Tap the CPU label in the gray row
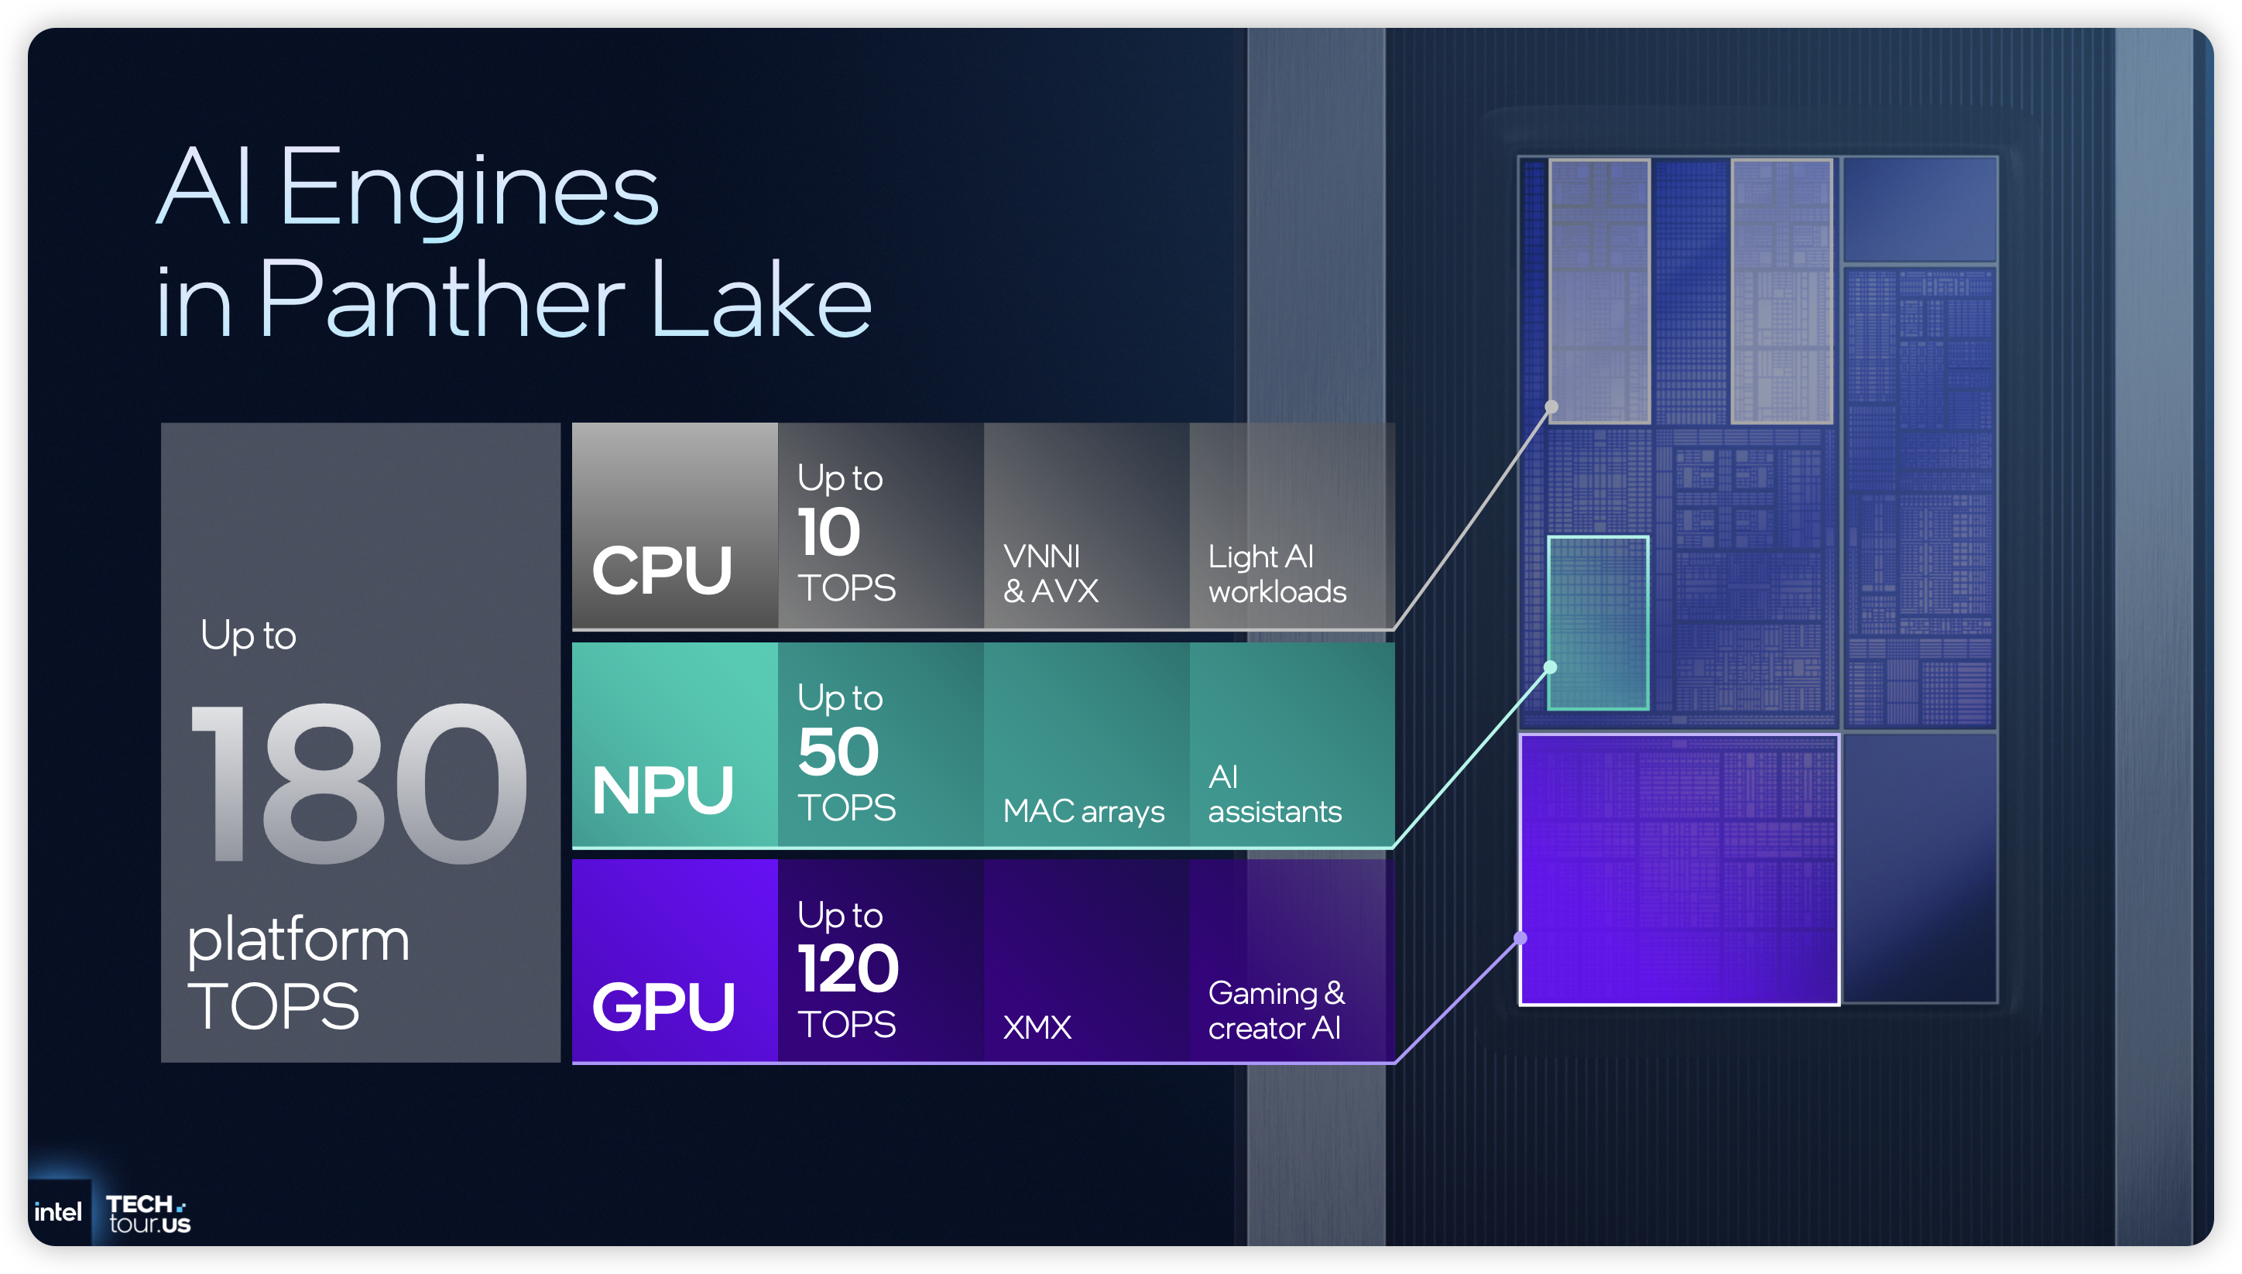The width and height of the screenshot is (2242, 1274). click(x=662, y=570)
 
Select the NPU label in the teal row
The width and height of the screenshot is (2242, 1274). click(x=663, y=790)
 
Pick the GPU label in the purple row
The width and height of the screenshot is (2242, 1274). click(x=663, y=1006)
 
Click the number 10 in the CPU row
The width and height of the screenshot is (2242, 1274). click(x=828, y=532)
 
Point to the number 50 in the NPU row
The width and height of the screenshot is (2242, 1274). click(x=838, y=752)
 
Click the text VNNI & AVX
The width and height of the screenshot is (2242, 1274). click(x=1049, y=573)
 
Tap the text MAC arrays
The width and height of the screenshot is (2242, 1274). click(x=1082, y=811)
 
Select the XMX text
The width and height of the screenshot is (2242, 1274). click(x=1036, y=1027)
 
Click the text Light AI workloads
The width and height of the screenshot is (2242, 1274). click(x=1277, y=574)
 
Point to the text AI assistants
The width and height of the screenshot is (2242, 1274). click(x=1274, y=793)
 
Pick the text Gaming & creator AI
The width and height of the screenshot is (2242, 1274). click(x=1276, y=1011)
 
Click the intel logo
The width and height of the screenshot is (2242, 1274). click(x=58, y=1212)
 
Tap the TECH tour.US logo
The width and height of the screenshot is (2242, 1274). click(x=148, y=1214)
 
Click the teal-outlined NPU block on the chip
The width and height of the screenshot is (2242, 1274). click(x=1598, y=622)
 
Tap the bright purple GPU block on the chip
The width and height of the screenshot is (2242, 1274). click(x=1678, y=869)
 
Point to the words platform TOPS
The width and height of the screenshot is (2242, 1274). click(x=297, y=972)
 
